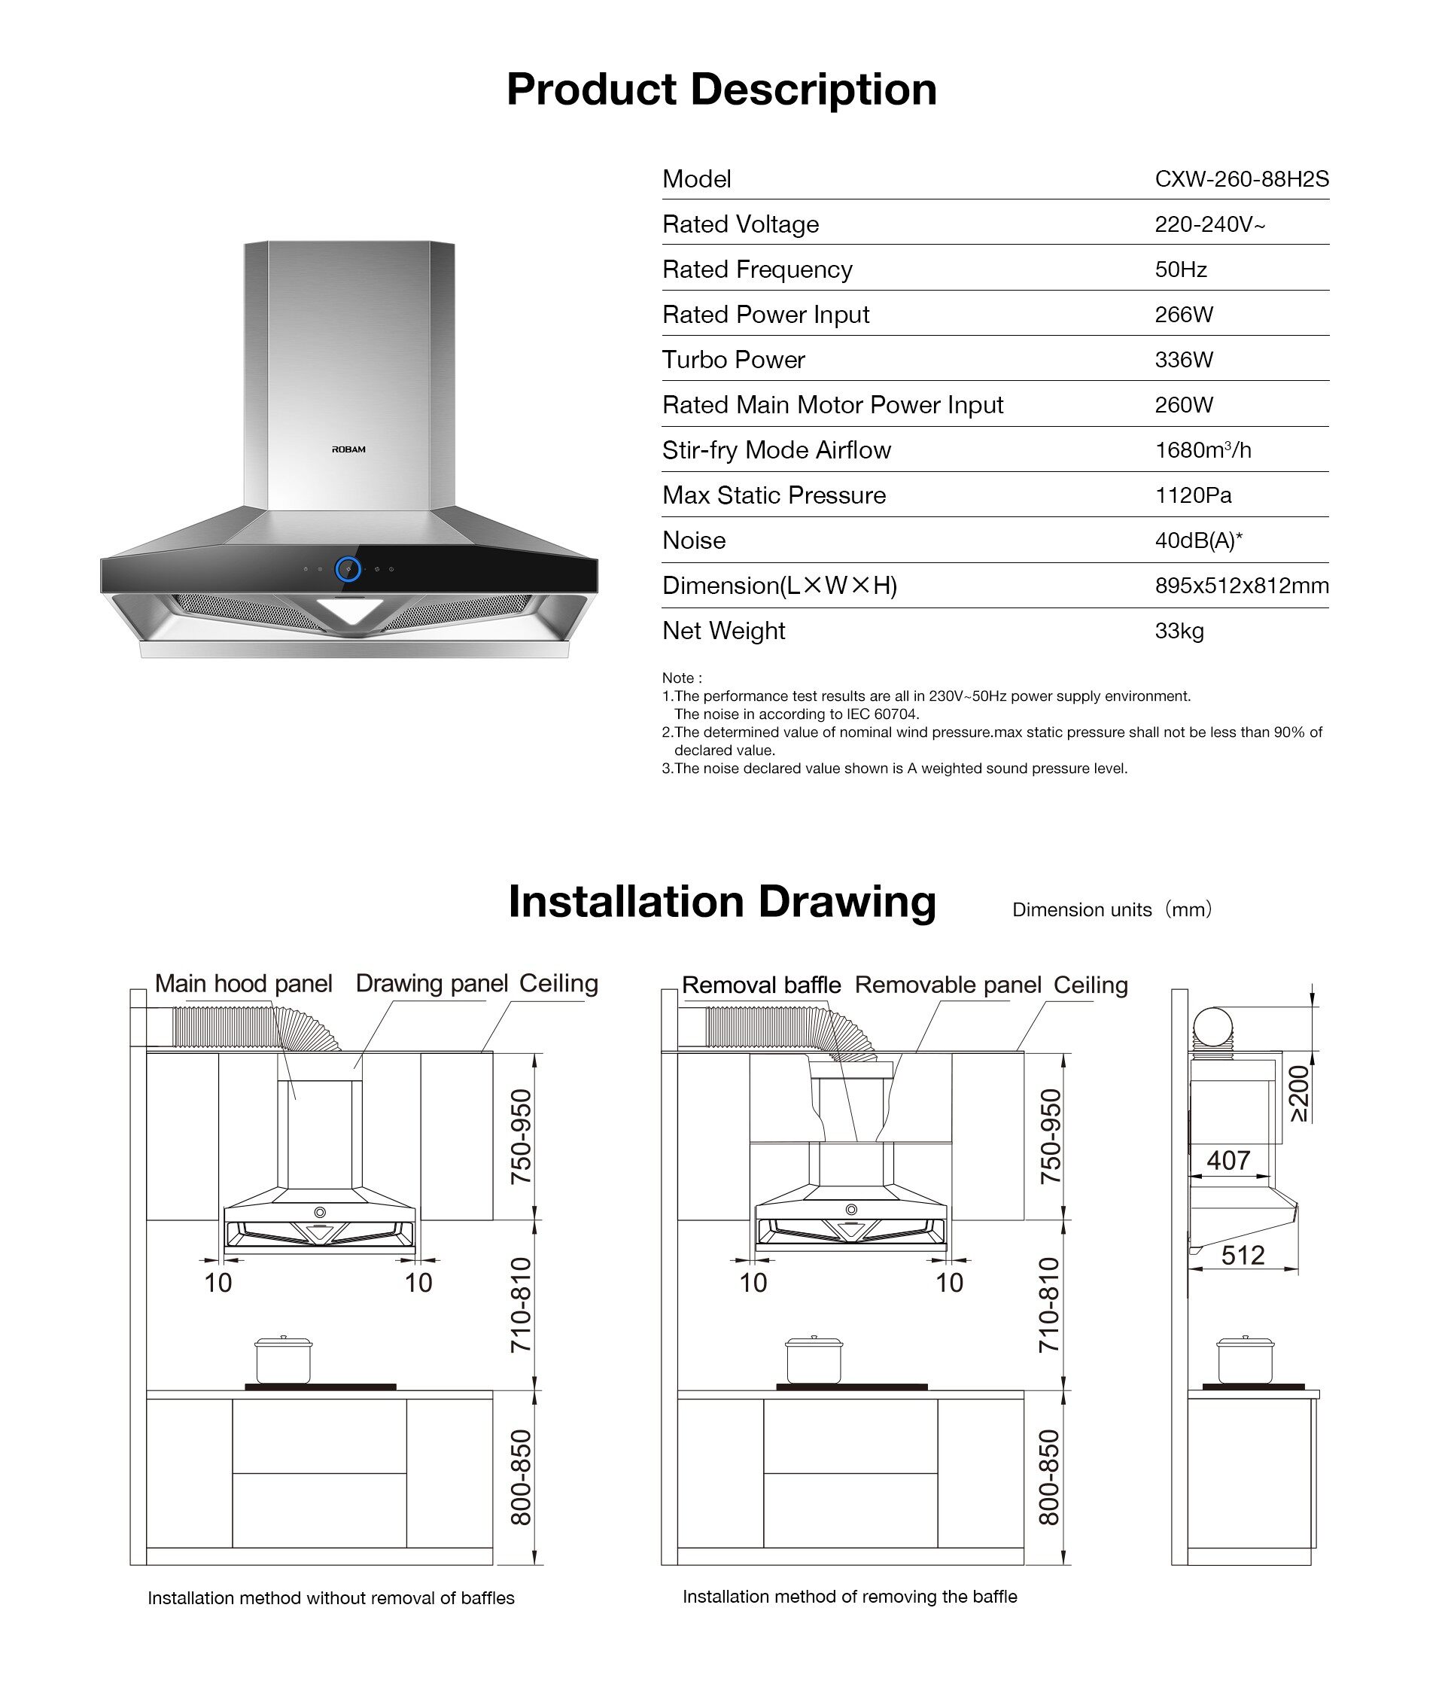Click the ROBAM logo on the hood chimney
348,449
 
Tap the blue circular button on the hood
348,568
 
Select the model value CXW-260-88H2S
1241,179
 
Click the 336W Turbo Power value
1183,360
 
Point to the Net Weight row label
723,631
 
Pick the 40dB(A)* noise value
1198,540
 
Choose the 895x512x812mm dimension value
1241,586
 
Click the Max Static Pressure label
773,495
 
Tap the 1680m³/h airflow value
1202,450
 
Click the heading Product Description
721,89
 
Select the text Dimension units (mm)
1112,909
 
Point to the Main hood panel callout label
243,984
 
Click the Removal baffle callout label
761,985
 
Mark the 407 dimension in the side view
1227,1160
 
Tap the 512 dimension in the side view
1242,1254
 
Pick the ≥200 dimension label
1298,1093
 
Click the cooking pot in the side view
1244,1360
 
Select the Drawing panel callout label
431,984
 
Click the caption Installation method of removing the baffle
849,1596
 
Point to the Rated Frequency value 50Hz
1180,270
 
